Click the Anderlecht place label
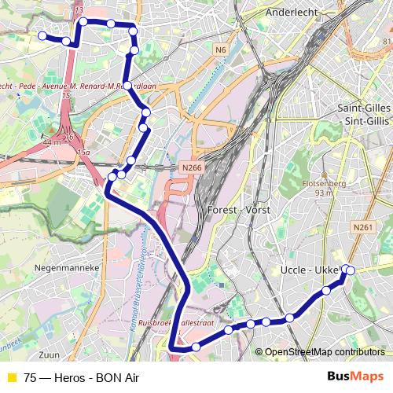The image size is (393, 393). point(291,13)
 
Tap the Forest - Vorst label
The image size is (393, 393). point(238,211)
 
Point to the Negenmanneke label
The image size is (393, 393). point(65,267)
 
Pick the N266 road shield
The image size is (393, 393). point(190,167)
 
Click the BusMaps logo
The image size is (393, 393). point(356,376)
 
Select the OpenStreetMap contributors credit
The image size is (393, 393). point(325,351)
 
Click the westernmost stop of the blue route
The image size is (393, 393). point(42,35)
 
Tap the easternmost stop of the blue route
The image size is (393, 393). point(351,270)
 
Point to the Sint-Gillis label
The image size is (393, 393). point(362,121)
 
